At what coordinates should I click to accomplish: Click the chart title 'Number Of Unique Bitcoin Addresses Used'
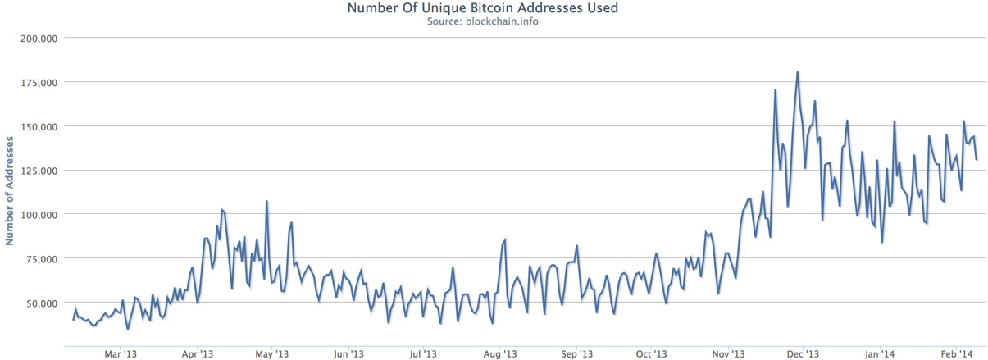(x=483, y=8)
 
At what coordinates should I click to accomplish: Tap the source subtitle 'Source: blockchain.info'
(x=483, y=21)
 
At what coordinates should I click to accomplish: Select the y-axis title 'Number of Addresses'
(x=9, y=190)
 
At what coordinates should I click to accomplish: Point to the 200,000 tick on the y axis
(x=39, y=39)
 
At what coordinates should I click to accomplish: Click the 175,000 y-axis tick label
(x=39, y=83)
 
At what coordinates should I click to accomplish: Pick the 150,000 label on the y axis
(x=39, y=126)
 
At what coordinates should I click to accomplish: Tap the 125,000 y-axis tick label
(x=39, y=171)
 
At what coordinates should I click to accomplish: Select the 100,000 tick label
(x=39, y=215)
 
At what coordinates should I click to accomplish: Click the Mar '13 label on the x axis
(x=121, y=353)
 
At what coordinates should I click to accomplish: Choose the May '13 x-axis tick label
(x=271, y=353)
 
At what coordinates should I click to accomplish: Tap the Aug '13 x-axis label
(x=499, y=353)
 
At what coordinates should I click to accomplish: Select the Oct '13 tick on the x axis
(x=651, y=353)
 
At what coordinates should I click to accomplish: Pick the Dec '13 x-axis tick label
(x=803, y=353)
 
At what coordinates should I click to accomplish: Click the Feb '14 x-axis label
(x=956, y=353)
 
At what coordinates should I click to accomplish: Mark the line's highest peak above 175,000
(x=798, y=72)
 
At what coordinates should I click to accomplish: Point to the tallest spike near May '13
(x=266, y=201)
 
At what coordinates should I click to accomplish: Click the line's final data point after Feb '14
(x=977, y=159)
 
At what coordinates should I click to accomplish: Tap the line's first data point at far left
(x=73, y=320)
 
